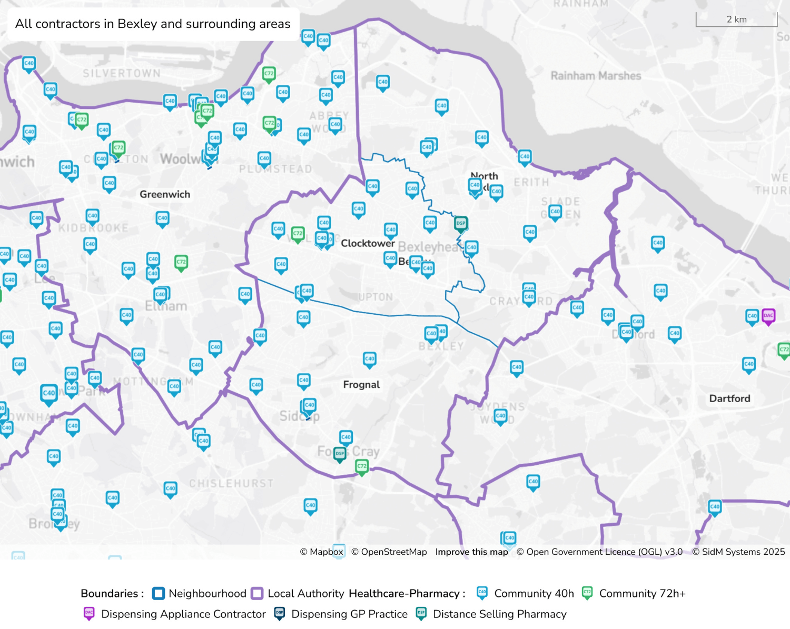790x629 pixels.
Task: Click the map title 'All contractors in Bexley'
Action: [152, 24]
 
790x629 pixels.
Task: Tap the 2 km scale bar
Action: [736, 20]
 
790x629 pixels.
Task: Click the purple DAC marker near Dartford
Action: [768, 316]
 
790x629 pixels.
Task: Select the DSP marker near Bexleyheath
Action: [461, 224]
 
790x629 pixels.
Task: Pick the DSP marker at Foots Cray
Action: [340, 453]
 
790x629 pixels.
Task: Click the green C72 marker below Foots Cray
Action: [362, 466]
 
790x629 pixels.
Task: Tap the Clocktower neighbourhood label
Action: [367, 243]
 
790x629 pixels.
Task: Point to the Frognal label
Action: [361, 385]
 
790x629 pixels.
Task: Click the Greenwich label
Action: [165, 194]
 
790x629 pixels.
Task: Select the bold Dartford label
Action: [729, 398]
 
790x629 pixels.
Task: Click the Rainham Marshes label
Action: [596, 76]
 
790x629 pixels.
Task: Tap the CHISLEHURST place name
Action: [231, 483]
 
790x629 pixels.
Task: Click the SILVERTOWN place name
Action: [121, 73]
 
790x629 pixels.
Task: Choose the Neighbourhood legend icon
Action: [158, 594]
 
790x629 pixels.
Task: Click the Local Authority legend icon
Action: [257, 594]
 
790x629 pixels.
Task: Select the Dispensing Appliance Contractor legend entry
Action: [183, 614]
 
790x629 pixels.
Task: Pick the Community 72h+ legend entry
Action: [642, 594]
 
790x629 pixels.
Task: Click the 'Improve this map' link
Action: [471, 552]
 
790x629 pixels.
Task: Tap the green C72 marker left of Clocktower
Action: [298, 233]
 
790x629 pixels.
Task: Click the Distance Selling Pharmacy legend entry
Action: [499, 614]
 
